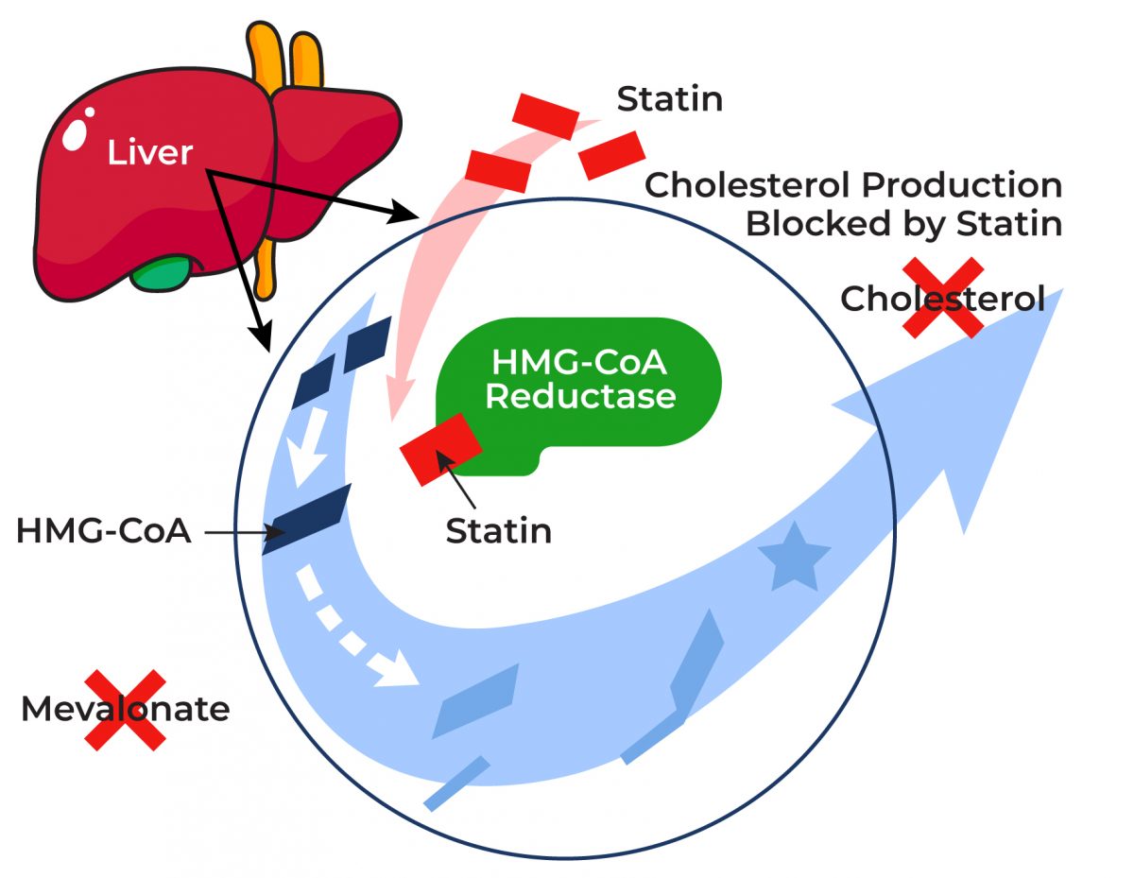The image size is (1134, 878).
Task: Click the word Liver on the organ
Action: tap(150, 152)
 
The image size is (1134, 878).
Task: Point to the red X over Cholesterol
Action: tap(942, 298)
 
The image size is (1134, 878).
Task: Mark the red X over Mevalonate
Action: tap(125, 710)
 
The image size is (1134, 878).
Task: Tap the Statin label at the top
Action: tap(669, 98)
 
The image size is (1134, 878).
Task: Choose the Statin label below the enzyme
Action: tap(498, 531)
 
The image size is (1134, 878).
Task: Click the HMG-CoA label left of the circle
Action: tap(104, 532)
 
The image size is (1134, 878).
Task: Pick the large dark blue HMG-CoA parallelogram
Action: tap(307, 518)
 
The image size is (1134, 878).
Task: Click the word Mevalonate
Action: tap(125, 709)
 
